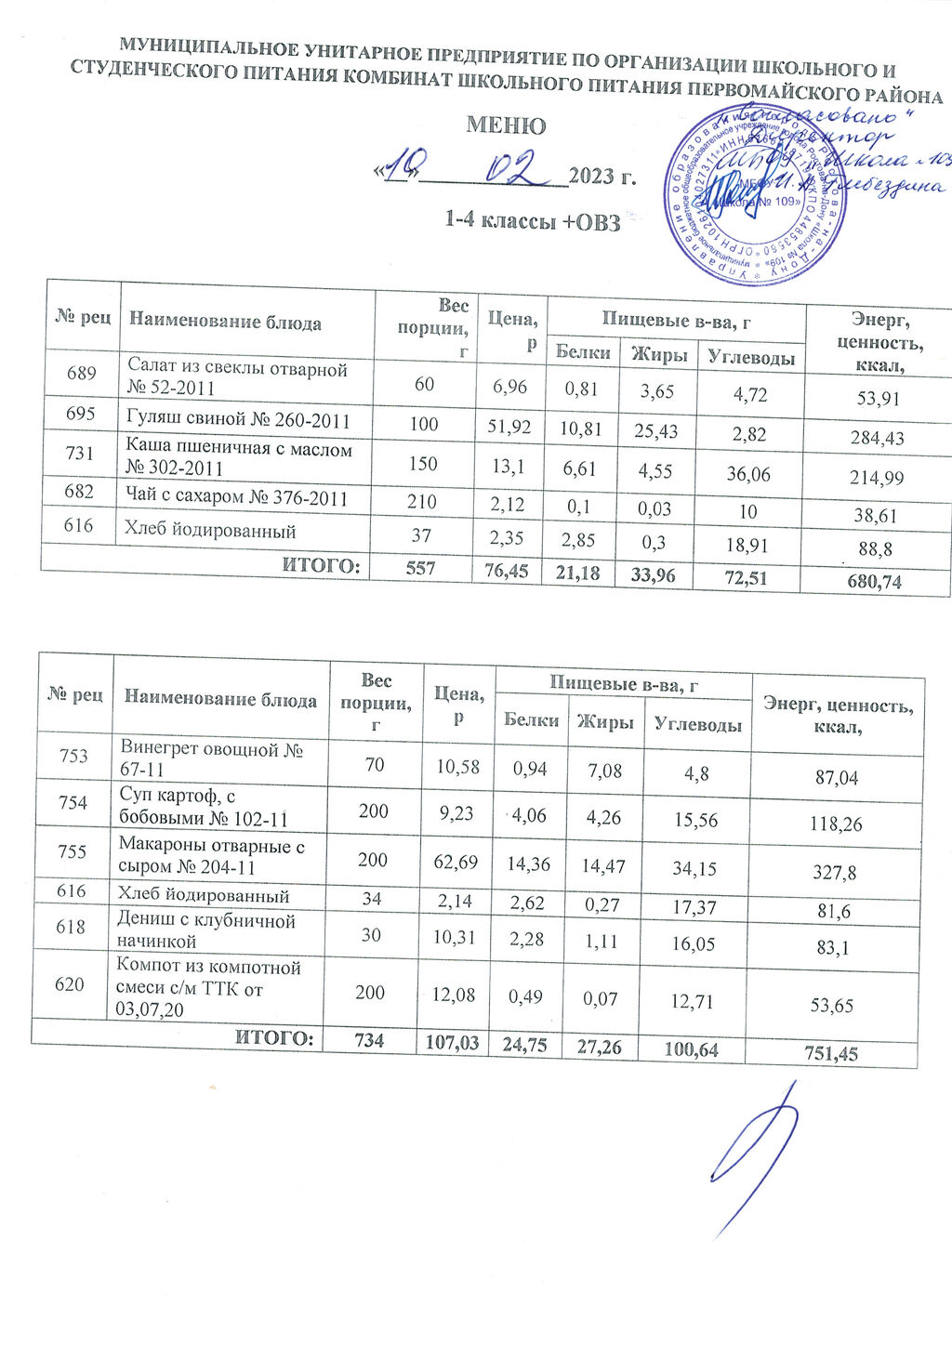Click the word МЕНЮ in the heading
(505, 125)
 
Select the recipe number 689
(82, 374)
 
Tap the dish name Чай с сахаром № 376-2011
(237, 499)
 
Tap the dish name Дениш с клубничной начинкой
(205, 930)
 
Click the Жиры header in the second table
(605, 722)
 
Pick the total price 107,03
(452, 1044)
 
